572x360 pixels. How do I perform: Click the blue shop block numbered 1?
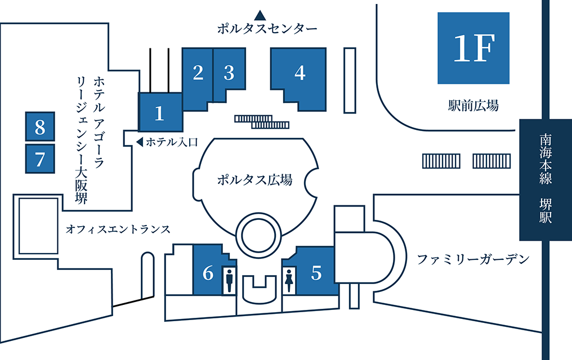(160, 112)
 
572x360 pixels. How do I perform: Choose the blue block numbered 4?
(299, 73)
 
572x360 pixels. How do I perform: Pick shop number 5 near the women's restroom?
(316, 273)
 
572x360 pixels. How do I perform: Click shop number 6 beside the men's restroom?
(208, 273)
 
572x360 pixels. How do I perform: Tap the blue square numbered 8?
(40, 127)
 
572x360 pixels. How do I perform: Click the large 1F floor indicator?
(473, 48)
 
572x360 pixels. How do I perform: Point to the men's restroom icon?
(229, 279)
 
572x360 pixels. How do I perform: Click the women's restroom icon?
(289, 279)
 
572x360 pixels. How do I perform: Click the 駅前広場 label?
(473, 105)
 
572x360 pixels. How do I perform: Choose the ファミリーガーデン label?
(473, 259)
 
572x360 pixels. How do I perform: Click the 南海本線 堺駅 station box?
(545, 179)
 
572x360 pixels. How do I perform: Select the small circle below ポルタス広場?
(258, 232)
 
